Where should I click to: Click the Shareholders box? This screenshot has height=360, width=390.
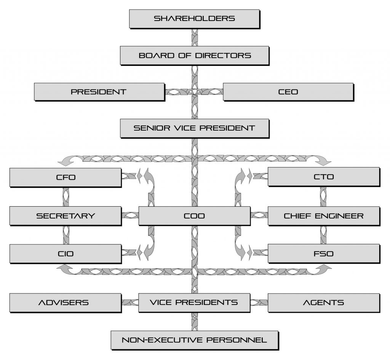click(194, 18)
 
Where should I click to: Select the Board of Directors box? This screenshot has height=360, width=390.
click(195, 55)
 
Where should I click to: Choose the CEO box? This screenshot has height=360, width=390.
click(288, 92)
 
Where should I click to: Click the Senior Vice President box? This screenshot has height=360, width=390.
click(194, 128)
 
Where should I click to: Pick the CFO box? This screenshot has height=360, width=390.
click(65, 177)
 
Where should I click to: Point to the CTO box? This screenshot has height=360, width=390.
click(323, 177)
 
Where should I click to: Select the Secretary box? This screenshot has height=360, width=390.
click(65, 216)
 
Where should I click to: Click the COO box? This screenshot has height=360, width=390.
click(194, 216)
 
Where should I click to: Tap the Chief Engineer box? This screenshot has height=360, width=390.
click(323, 216)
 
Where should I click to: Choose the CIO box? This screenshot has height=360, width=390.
click(65, 253)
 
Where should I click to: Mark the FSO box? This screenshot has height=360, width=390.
click(323, 253)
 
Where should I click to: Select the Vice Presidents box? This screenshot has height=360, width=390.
click(194, 303)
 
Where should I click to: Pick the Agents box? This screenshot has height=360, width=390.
click(323, 303)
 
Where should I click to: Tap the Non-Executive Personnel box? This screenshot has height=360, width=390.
click(194, 340)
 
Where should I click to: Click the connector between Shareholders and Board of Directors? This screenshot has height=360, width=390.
click(194, 37)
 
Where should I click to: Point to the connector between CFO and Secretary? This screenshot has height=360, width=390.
click(66, 197)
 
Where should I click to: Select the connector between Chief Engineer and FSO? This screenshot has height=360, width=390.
click(324, 235)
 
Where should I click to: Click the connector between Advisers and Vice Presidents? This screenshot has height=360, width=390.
click(130, 303)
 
